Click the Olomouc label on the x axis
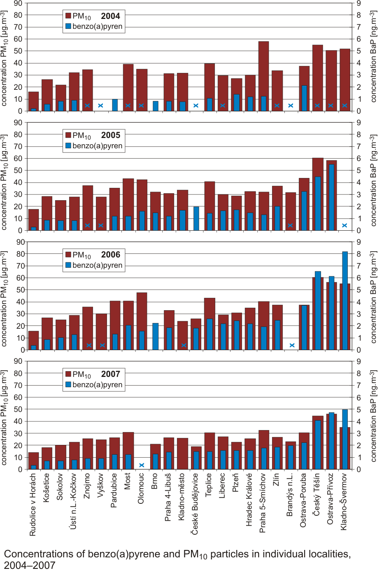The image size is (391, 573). (141, 488)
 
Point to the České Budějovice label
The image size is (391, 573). (195, 503)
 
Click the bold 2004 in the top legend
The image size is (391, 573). (110, 16)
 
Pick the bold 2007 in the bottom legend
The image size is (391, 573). (110, 374)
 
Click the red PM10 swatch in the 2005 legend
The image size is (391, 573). (68, 135)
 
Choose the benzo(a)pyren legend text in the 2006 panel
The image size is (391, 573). (97, 265)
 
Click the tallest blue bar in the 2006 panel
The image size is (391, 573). (345, 301)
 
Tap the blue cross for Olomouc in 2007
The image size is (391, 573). (142, 465)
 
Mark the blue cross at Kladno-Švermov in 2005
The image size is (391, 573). (344, 225)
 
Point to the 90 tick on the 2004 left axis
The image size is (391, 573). (18, 3)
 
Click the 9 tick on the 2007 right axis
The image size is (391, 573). (358, 362)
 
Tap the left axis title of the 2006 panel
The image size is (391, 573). (5, 298)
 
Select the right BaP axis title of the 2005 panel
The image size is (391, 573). (373, 180)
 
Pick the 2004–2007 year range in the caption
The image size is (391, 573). (30, 565)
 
